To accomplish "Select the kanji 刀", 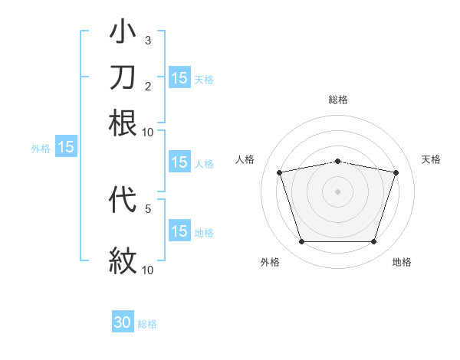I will point(123,77).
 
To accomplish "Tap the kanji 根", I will point(123,123).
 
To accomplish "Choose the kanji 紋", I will point(123,260).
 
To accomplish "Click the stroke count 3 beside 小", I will point(148,40).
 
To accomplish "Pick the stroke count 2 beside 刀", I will point(148,85).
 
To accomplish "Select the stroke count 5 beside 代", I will point(148,208).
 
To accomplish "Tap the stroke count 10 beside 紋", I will point(148,269).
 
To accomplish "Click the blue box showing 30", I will point(123,322).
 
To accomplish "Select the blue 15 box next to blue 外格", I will point(66,147).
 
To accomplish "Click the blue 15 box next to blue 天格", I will point(179,77).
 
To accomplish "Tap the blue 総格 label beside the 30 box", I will point(147,324).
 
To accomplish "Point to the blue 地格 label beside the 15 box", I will point(203,232).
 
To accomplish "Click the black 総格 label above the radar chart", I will point(338,100).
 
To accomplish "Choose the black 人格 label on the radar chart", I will point(245,159).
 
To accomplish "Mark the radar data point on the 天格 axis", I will point(396,172).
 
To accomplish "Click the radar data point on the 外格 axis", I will point(301,242).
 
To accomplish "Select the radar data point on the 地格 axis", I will point(373,242).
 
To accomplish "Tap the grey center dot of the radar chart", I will point(337,191).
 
